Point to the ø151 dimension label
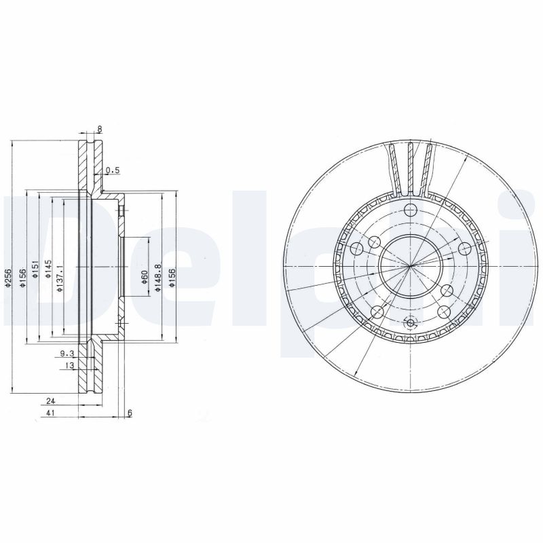point(35,269)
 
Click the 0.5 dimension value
point(113,171)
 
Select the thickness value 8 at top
point(99,129)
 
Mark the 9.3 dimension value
point(67,354)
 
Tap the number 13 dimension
point(69,366)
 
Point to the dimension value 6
point(130,413)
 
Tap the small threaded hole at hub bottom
point(409,323)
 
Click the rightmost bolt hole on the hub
point(464,248)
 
